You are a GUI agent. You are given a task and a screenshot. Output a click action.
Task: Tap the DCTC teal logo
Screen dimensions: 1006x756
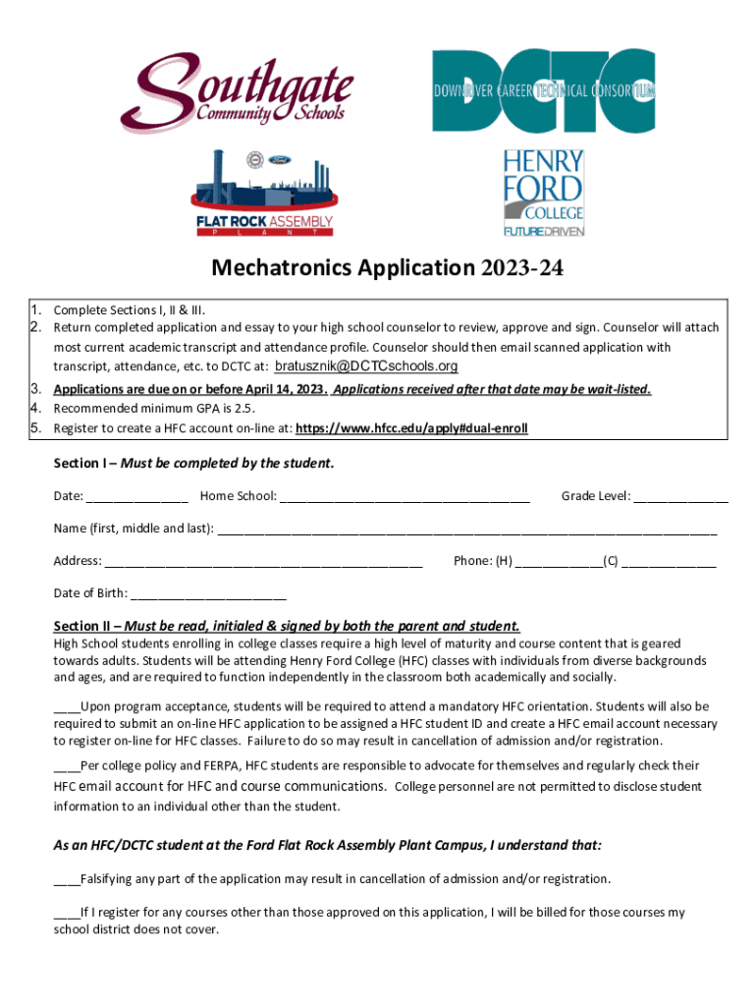[544, 91]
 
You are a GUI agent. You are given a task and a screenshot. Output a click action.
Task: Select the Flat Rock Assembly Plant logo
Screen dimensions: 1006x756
[265, 194]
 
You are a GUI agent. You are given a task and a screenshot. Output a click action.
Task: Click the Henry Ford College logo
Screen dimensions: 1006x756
[544, 193]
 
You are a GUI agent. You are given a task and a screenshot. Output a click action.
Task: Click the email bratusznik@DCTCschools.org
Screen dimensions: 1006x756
[366, 366]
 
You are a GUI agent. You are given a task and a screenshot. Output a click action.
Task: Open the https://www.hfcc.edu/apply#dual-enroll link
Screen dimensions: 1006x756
[411, 428]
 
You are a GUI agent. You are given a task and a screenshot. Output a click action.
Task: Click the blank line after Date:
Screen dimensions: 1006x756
[137, 497]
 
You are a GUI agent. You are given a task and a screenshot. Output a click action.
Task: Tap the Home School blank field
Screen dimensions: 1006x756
[405, 497]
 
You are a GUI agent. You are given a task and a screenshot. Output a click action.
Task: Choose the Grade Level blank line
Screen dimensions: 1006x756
[680, 497]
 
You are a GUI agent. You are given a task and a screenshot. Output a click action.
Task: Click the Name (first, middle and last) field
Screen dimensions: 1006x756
[466, 530]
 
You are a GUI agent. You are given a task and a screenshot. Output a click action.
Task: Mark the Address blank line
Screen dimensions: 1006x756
[263, 562]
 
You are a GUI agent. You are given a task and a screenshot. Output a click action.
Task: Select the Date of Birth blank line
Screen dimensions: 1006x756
[208, 594]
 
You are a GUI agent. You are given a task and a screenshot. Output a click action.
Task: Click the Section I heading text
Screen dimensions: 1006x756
[193, 464]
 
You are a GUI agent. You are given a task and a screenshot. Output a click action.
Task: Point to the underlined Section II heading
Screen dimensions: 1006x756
[286, 626]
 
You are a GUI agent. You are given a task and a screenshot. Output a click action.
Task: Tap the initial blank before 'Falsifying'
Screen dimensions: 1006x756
[66, 879]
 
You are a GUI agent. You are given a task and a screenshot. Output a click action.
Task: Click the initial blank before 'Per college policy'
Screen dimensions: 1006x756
[66, 766]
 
